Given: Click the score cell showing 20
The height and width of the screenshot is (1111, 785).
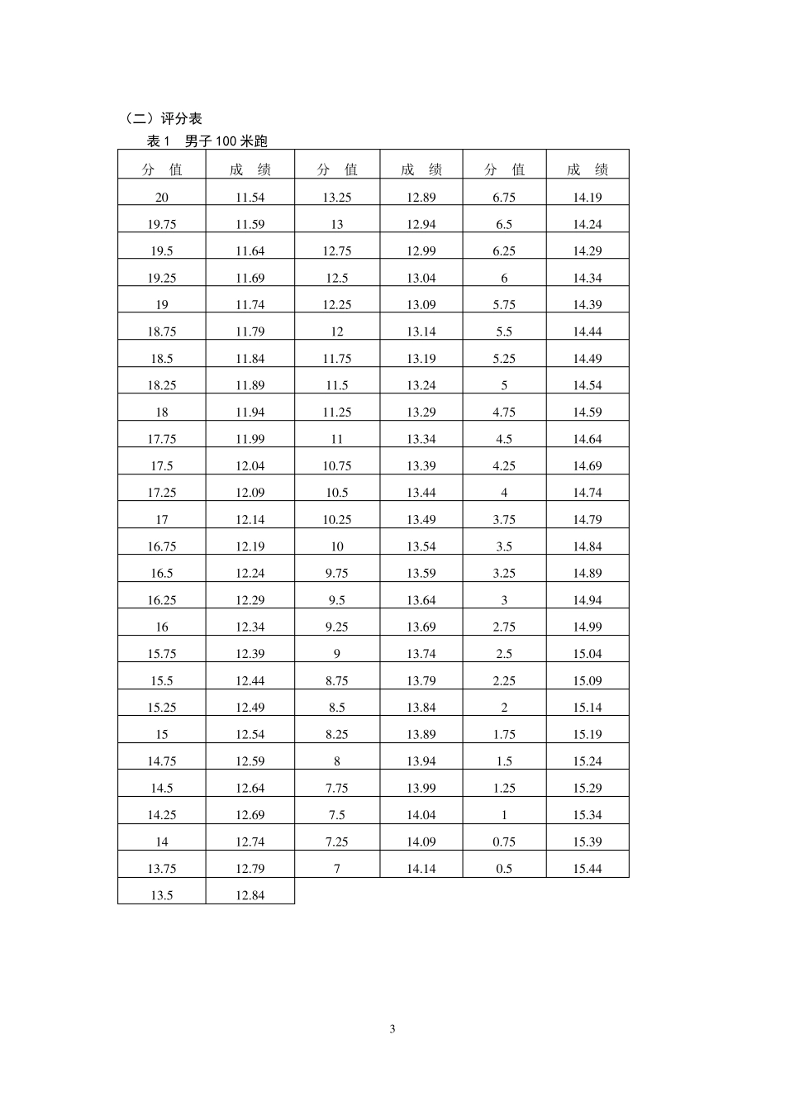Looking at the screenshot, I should point(162,198).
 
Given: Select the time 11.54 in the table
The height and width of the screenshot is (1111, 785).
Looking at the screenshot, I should point(250,198).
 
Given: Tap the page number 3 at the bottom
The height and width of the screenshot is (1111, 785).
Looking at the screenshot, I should point(392,1029).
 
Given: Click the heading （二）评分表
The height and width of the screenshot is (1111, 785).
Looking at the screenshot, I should point(159,119).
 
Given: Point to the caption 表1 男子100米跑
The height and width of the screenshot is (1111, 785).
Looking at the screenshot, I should point(207,141).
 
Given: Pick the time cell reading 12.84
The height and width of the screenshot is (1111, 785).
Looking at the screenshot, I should point(250,895).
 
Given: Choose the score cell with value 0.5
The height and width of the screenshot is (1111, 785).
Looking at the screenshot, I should point(504,869).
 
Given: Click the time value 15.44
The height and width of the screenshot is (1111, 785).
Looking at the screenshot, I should point(588,869).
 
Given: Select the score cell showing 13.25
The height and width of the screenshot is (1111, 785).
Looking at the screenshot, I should point(337,198).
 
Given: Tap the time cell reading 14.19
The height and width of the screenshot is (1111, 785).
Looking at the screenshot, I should point(588,198).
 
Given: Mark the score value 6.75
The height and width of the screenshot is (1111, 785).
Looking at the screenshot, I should point(504,198).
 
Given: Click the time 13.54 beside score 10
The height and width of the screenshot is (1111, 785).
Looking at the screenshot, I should point(421,546).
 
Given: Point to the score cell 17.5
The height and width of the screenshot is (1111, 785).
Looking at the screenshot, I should point(162,466).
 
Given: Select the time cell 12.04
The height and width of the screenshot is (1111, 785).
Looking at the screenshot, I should point(250,466).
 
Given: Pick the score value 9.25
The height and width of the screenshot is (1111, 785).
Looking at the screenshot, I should point(337,627).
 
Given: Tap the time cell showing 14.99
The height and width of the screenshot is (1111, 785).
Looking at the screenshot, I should point(588,627).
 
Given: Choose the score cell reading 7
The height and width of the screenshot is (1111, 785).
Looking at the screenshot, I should point(337,869).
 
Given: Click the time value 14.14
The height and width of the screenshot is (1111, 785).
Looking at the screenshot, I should point(421,869).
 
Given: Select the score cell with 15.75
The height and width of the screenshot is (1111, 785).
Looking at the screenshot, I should point(162,654).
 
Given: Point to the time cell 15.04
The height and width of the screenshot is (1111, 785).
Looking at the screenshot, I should point(588,654).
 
